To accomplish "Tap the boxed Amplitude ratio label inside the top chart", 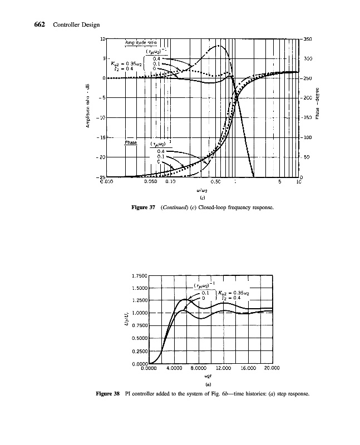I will click(140, 42).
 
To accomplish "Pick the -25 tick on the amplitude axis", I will click(102, 176).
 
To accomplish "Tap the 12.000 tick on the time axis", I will click(222, 368).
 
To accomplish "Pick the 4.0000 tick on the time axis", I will click(174, 368).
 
